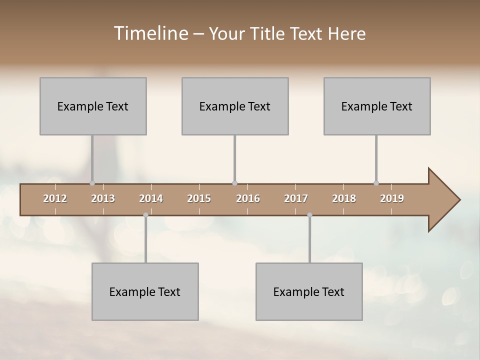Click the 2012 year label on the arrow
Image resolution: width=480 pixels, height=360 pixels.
point(55,198)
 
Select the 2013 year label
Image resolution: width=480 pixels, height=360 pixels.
point(103,198)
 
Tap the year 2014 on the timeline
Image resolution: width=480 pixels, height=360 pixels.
point(151,198)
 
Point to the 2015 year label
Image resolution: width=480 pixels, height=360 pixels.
point(199,198)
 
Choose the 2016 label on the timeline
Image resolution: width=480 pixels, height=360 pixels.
point(248,198)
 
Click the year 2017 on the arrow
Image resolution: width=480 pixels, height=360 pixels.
point(296,198)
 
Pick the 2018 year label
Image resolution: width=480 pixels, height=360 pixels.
point(344,198)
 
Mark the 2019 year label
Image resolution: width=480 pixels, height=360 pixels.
point(392,198)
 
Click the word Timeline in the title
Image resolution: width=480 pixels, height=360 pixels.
point(150,33)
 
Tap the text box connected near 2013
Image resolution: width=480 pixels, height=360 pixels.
point(93,106)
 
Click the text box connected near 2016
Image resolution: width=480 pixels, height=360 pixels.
point(235,106)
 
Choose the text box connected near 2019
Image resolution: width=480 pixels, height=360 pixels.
point(377,106)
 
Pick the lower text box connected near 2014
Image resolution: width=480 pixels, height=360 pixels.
point(145,291)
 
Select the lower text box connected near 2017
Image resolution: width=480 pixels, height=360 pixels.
point(309,291)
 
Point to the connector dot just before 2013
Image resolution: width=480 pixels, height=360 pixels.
point(92,183)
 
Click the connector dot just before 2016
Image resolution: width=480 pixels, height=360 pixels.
point(234,183)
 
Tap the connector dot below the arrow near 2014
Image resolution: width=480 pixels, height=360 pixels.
point(145,215)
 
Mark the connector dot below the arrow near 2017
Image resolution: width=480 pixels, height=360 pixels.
point(309,215)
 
